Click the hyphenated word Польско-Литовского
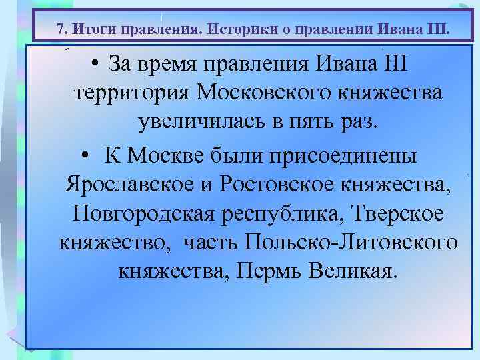click(351, 242)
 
